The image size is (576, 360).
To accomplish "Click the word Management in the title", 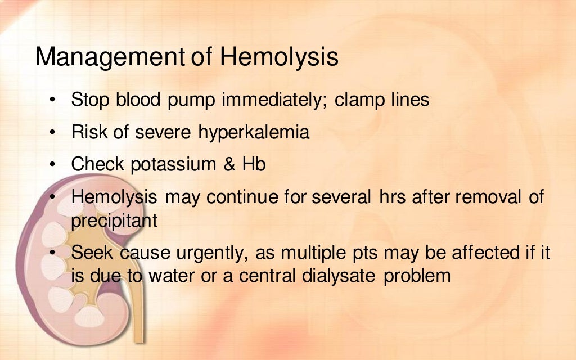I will click(x=110, y=57).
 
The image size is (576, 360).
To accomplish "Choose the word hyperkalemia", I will click(x=254, y=133).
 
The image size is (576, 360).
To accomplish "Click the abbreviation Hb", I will click(x=254, y=165).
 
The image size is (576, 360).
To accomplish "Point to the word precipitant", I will click(x=114, y=220).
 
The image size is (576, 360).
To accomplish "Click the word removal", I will click(x=481, y=197).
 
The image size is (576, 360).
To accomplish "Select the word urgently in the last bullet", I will click(x=208, y=253).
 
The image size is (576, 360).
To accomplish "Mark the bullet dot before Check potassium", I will click(x=52, y=165).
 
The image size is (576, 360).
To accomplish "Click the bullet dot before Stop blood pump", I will click(x=52, y=100).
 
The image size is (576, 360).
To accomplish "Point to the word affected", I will click(x=483, y=253).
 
